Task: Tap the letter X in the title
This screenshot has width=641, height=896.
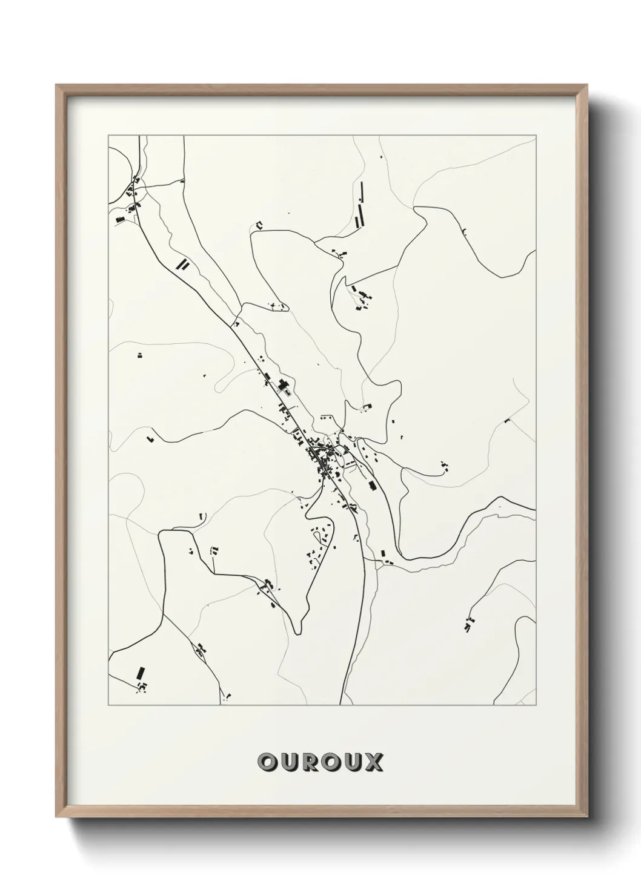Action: pyautogui.click(x=373, y=762)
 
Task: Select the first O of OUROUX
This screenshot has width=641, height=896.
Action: pyautogui.click(x=267, y=762)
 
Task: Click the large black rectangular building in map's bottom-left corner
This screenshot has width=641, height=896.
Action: pyautogui.click(x=141, y=673)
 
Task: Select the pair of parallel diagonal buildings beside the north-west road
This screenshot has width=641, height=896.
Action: pyautogui.click(x=182, y=263)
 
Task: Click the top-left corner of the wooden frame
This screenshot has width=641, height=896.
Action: pyautogui.click(x=56, y=85)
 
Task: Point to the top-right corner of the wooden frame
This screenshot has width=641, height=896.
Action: pyautogui.click(x=587, y=85)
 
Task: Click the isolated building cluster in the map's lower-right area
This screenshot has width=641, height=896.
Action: pyautogui.click(x=468, y=625)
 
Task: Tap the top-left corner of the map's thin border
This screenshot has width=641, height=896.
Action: pyautogui.click(x=108, y=136)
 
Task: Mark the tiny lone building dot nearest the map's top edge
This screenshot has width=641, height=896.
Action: pyautogui.click(x=381, y=158)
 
